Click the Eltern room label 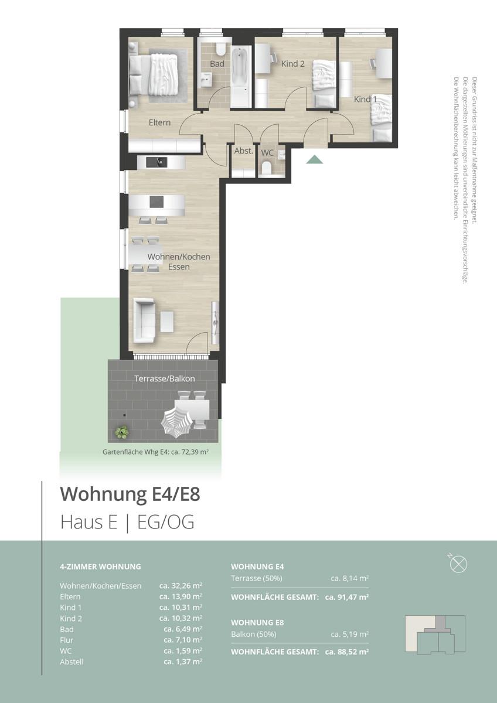click(159, 122)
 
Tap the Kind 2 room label click(293, 64)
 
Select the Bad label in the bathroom click(217, 64)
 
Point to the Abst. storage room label click(243, 151)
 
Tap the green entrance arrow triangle click(315, 159)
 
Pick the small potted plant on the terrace click(122, 433)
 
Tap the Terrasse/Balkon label click(164, 379)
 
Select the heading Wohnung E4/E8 click(130, 494)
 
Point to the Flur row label click(66, 640)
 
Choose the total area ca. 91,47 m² click(346, 597)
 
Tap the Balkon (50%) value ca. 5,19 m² click(349, 634)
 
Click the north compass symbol click(458, 564)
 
